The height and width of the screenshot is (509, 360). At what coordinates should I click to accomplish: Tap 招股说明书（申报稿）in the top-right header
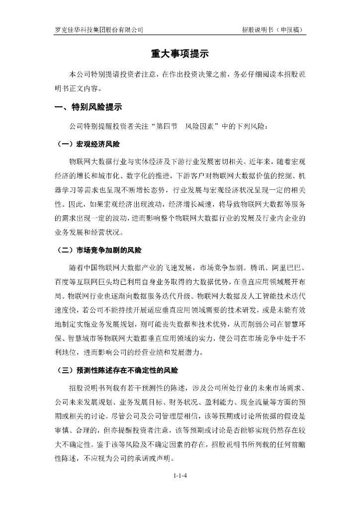pyautogui.click(x=273, y=29)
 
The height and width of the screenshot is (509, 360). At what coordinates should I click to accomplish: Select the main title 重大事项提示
pyautogui.click(x=180, y=54)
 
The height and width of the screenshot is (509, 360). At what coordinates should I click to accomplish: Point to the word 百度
pyautogui.click(x=63, y=281)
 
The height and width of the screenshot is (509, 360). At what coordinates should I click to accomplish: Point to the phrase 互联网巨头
pyautogui.click(x=106, y=281)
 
